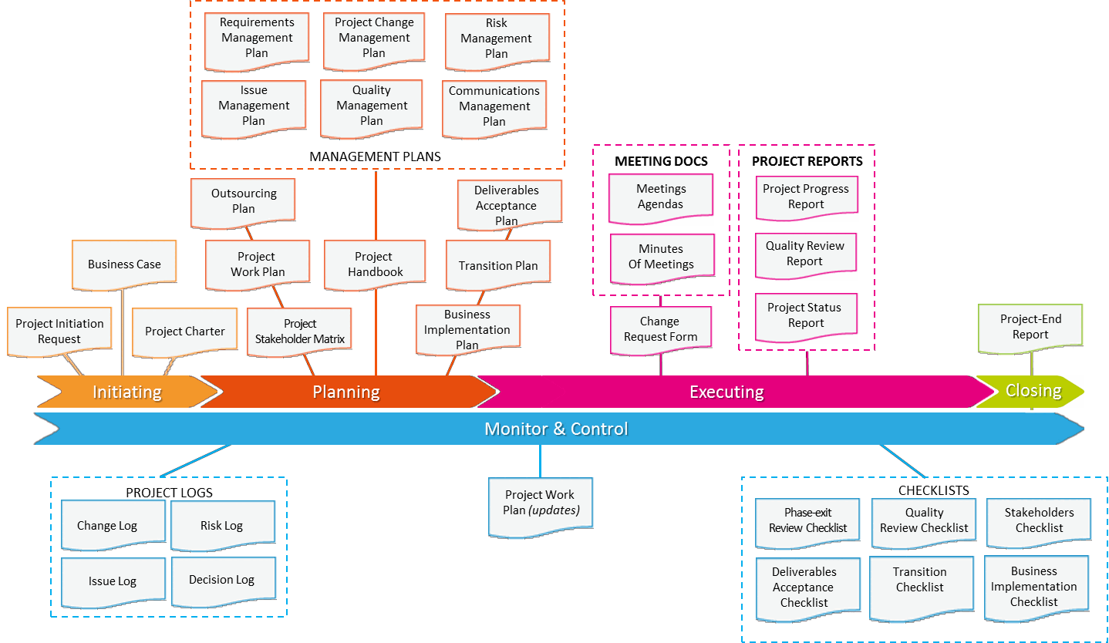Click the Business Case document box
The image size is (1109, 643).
click(x=124, y=264)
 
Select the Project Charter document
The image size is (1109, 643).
click(x=185, y=332)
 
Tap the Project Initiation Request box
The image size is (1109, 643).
click(x=59, y=332)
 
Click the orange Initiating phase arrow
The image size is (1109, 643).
click(x=127, y=392)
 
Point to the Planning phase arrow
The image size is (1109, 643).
click(x=346, y=392)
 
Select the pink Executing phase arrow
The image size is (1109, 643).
click(x=726, y=392)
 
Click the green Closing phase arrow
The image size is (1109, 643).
click(x=1033, y=391)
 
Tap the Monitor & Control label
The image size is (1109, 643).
click(x=556, y=429)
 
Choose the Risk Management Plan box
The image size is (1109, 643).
click(x=497, y=39)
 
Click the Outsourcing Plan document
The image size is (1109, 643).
click(x=244, y=201)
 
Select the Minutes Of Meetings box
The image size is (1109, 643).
click(x=661, y=257)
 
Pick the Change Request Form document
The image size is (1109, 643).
click(x=661, y=329)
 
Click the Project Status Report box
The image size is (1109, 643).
click(x=806, y=315)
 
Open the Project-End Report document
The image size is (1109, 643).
click(x=1030, y=327)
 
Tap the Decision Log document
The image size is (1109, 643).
click(x=222, y=580)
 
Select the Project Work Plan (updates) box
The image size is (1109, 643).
click(x=541, y=503)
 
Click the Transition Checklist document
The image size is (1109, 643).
click(x=920, y=581)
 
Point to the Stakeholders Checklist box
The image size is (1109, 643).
click(x=1039, y=520)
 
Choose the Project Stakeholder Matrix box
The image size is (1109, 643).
click(x=300, y=332)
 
